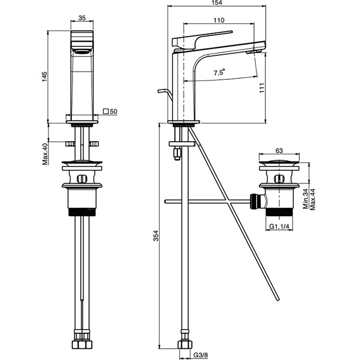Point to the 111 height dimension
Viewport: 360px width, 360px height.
pos(261,88)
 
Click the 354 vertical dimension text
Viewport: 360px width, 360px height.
pos(156,235)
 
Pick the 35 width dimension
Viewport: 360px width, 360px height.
pos(82,18)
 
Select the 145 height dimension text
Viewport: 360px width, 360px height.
pos(45,77)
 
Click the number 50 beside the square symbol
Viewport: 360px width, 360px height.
pos(114,111)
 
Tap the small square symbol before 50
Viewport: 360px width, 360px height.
pos(106,111)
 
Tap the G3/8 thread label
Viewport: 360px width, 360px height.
pos(201,355)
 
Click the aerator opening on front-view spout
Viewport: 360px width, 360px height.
pos(81,51)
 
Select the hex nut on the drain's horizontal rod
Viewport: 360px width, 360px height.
pos(255,202)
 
